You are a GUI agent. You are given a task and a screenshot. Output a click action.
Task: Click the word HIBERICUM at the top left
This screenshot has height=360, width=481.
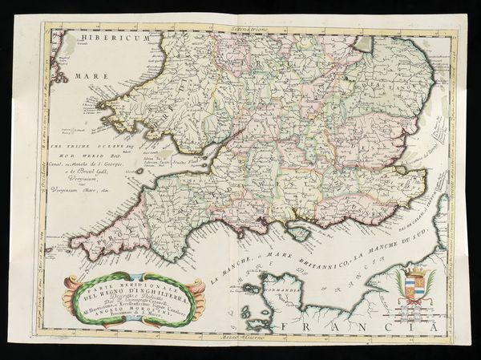tap(95, 38)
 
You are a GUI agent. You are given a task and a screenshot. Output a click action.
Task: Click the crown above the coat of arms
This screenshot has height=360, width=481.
tap(414, 270)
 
